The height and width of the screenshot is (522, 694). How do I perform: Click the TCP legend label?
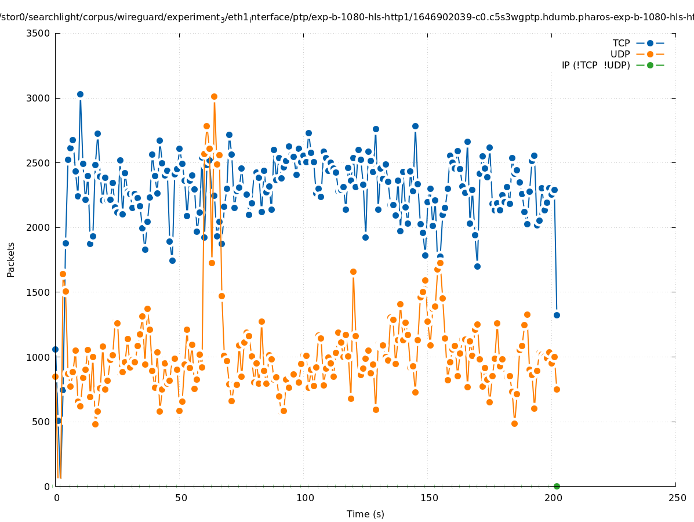622,43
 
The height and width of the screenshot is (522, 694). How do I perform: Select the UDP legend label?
620,54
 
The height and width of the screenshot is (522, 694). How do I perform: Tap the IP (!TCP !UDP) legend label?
596,65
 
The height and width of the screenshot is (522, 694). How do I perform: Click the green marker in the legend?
650,65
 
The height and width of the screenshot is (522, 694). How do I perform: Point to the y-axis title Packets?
11,259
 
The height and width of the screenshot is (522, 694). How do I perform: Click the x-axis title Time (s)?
365,514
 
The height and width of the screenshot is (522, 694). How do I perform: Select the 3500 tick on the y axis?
39,33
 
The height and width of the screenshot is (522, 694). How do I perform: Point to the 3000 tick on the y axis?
39,98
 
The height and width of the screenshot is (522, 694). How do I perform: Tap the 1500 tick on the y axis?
39,292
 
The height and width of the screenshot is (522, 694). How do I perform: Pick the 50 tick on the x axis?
181,498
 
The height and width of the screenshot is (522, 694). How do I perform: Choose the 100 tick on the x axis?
305,498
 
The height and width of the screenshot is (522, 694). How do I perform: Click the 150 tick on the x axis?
429,498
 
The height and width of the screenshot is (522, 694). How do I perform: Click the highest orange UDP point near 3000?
214,96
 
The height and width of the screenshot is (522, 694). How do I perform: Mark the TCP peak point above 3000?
80,94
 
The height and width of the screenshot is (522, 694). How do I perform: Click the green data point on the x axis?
557,486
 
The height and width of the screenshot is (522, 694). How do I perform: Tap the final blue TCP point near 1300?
557,315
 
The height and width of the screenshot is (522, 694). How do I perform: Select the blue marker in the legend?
650,43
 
